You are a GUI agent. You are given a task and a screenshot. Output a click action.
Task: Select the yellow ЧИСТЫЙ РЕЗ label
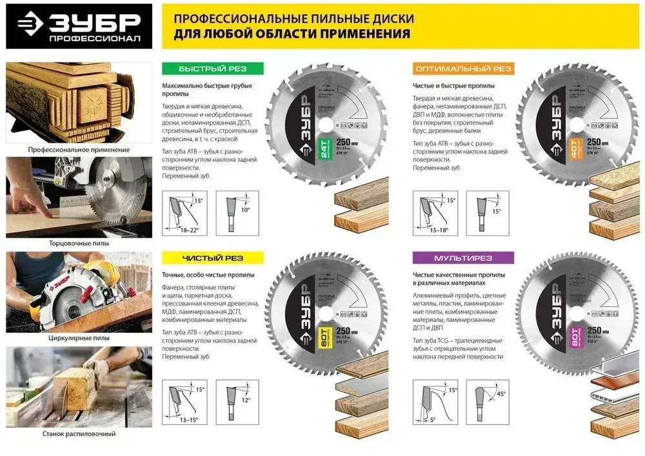point(212,258)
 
